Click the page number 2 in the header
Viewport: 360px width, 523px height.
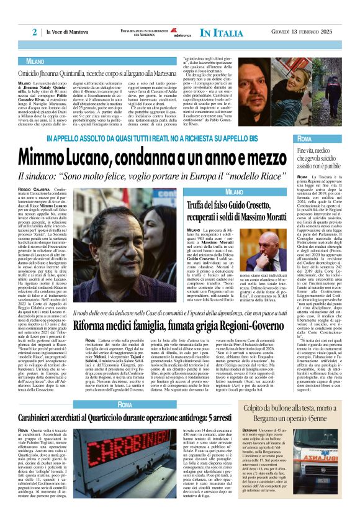35,32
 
